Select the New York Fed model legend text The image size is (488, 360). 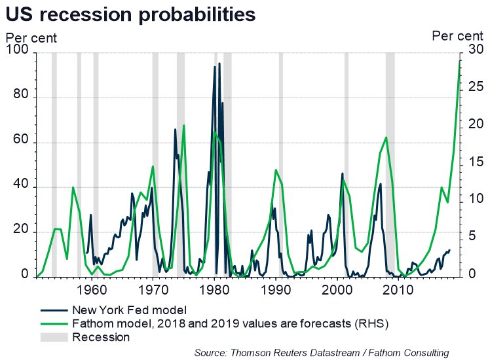[130, 310]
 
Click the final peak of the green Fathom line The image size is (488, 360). [460, 60]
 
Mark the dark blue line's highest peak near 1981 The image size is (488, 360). [220, 63]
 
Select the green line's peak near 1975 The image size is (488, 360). [184, 125]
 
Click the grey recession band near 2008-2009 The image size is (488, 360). [390, 164]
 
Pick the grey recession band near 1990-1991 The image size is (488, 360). [281, 164]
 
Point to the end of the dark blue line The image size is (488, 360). [449, 250]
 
